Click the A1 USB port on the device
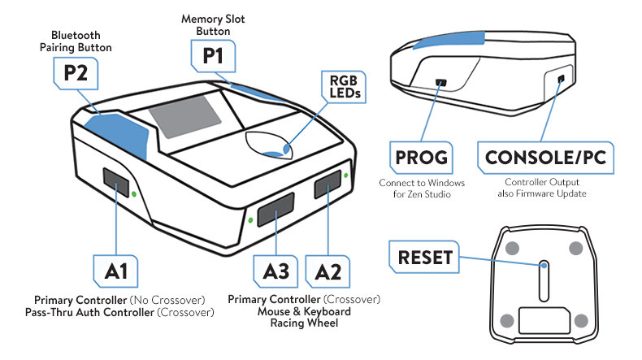coord(116,184)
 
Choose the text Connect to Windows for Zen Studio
coord(422,188)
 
